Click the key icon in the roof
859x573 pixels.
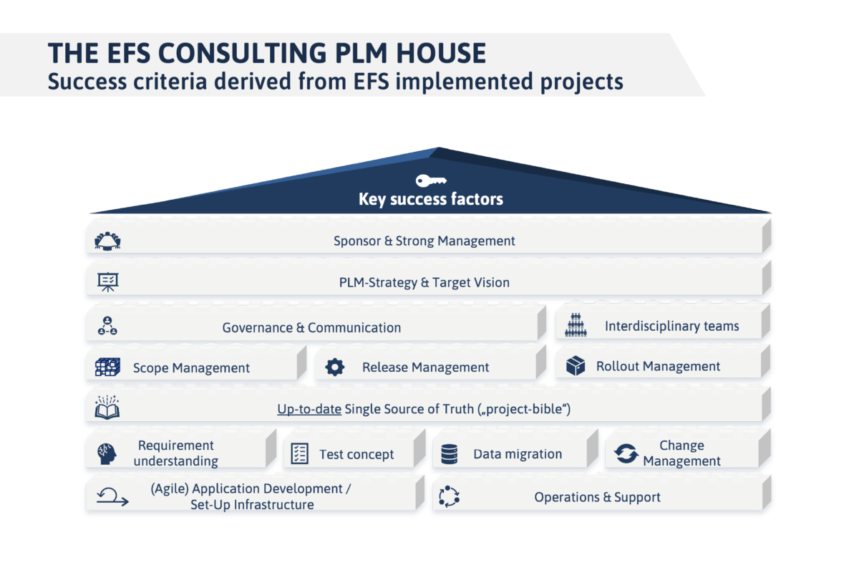[x=431, y=180]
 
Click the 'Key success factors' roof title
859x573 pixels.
[x=430, y=199]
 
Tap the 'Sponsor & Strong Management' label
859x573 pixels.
[x=424, y=241]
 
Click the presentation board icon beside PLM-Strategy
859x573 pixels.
[x=107, y=282]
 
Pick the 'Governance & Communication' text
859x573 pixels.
[x=311, y=328]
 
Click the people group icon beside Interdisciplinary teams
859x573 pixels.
[x=576, y=326]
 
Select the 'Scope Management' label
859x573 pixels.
[x=191, y=368]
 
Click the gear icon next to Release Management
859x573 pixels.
[x=334, y=367]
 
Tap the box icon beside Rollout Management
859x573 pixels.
[x=576, y=366]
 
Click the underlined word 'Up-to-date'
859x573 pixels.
[x=309, y=410]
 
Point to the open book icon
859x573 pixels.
[x=107, y=408]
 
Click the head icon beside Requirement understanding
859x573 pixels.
[x=107, y=453]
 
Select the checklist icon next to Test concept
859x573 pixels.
[x=299, y=453]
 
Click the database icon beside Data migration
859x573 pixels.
[x=449, y=453]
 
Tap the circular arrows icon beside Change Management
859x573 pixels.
[x=626, y=453]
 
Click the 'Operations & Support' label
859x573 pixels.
[x=597, y=497]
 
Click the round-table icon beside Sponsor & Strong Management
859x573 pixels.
[x=107, y=241]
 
